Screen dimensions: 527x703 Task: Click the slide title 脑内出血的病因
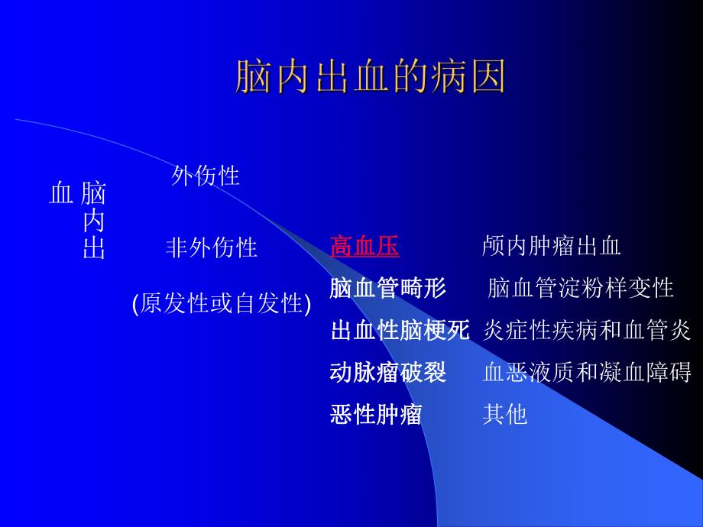click(x=370, y=78)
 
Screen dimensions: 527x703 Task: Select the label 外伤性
click(x=206, y=176)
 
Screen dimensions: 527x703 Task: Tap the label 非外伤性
click(x=212, y=247)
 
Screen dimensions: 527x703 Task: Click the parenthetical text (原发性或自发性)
click(x=222, y=303)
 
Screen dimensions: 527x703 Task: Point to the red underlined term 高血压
click(x=364, y=246)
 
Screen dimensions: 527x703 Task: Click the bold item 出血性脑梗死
click(x=400, y=331)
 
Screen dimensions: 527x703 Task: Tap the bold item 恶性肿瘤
click(x=376, y=415)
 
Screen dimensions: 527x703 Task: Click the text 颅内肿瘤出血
click(x=551, y=246)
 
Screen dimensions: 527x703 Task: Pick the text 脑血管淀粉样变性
click(x=580, y=289)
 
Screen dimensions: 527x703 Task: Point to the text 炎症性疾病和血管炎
click(x=586, y=331)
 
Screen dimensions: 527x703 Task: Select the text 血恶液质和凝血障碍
click(x=586, y=373)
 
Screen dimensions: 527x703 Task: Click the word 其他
click(x=505, y=415)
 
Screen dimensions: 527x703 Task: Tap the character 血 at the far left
click(x=60, y=193)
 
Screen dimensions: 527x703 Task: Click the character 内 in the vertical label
click(x=93, y=221)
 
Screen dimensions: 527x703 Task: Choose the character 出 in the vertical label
click(x=93, y=249)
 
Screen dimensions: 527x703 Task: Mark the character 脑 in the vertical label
click(x=93, y=193)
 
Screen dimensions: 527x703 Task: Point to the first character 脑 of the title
click(x=252, y=78)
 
